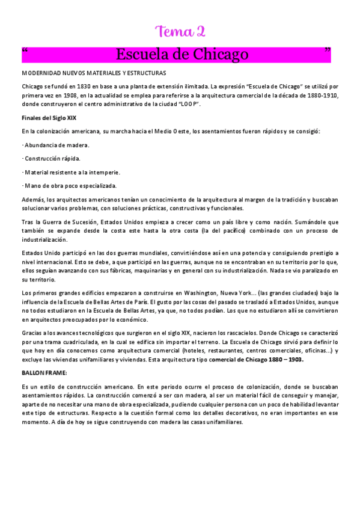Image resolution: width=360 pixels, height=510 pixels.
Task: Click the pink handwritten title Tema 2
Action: click(x=180, y=31)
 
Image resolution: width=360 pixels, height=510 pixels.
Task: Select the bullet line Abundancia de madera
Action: click(x=56, y=145)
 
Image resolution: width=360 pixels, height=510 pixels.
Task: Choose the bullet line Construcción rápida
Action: click(x=51, y=158)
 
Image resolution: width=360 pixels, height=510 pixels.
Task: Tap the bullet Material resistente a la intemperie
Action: click(x=71, y=172)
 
